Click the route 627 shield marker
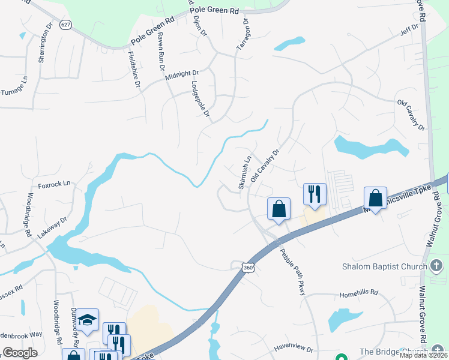(65, 25)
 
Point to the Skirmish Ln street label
(245, 173)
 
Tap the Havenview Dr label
(294, 348)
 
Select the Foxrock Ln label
(55, 182)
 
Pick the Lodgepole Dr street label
(200, 98)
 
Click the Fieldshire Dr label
(134, 70)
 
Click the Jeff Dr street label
(411, 28)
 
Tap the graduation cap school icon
(88, 320)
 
